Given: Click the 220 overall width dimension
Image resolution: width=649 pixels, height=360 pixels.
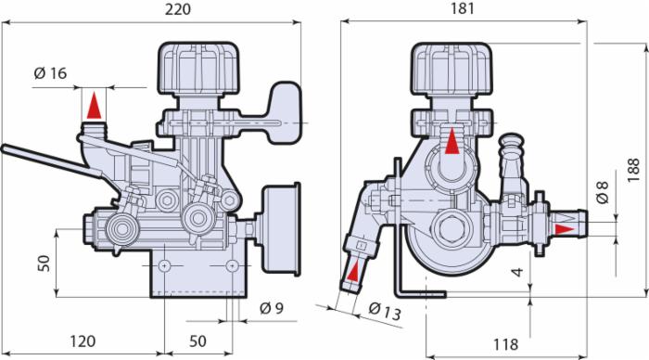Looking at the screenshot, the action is coord(178,9).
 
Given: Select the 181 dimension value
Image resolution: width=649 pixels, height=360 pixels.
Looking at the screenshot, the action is coord(462,8).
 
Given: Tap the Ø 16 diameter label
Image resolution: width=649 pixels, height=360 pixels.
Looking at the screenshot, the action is coord(50,73).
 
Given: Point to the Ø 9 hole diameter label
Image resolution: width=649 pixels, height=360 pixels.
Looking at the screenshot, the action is coord(272,308).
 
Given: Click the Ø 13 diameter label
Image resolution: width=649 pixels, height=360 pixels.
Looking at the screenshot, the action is coord(385,312).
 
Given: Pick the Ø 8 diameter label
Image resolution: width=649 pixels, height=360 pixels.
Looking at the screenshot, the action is coord(603,191).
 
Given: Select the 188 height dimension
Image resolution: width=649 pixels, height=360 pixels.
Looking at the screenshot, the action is coord(633,170).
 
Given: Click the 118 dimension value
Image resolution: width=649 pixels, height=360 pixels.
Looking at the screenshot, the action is coord(505,344).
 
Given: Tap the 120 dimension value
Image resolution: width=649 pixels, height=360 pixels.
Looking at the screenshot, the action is coord(83,341).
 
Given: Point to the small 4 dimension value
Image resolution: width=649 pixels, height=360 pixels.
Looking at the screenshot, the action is coord(517,272).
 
